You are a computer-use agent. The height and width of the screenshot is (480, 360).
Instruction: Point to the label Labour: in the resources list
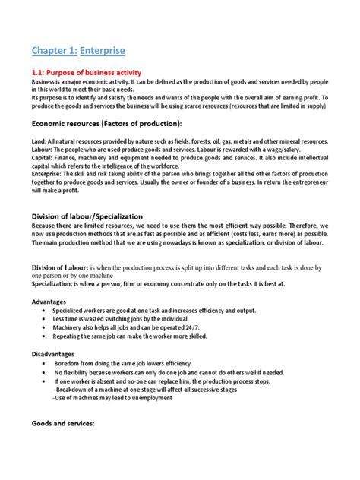[43, 150]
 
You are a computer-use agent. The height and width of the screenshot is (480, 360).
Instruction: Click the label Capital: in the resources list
[43, 158]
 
